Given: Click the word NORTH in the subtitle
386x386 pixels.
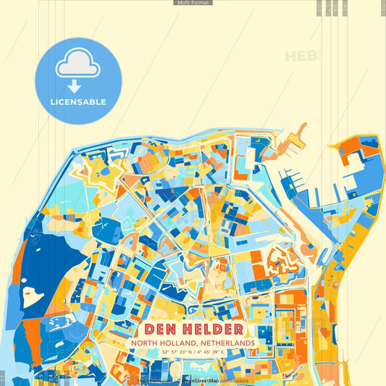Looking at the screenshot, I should point(146,343).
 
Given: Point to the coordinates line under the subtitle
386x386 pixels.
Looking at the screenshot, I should point(193,353).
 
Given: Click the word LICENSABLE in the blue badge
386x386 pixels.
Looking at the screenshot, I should point(77,102).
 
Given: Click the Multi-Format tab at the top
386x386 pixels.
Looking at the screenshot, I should point(193,3).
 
